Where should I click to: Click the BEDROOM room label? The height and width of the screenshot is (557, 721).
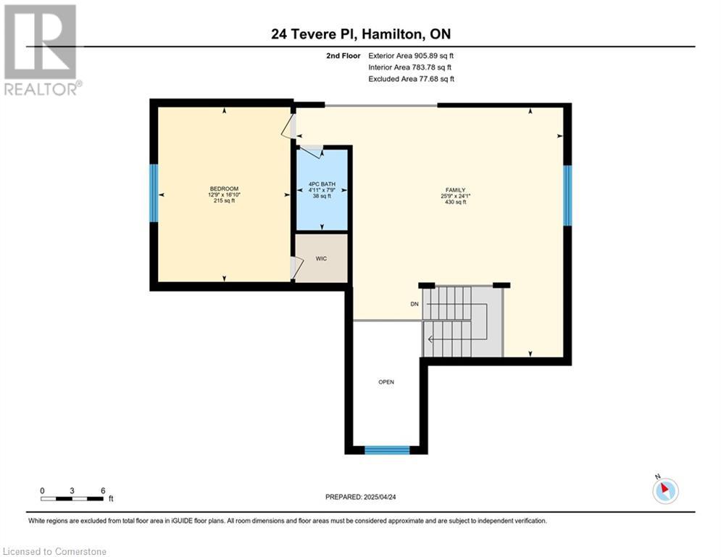[224, 189]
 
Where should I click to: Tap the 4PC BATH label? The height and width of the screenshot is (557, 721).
[322, 184]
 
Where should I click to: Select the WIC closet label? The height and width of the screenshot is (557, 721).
[321, 259]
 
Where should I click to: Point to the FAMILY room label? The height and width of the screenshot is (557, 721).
[455, 190]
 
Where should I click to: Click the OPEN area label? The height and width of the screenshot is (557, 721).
[386, 382]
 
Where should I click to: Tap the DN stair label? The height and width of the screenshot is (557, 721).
[414, 305]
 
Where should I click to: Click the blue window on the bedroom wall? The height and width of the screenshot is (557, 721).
[154, 194]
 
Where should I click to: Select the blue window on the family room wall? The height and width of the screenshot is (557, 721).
[567, 195]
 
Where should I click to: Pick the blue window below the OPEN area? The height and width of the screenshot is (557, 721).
[387, 450]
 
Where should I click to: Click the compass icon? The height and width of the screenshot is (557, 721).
[665, 490]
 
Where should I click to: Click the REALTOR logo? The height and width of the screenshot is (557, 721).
[41, 50]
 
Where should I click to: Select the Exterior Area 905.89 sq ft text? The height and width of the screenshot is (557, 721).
[411, 56]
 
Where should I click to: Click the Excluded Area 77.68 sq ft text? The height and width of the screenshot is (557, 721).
[411, 79]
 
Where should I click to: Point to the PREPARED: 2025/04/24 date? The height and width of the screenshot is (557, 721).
[361, 497]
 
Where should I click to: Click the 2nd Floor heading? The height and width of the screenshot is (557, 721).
[343, 56]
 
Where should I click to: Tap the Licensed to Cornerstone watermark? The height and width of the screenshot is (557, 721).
[54, 551]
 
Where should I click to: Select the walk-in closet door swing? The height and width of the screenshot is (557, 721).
[297, 268]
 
